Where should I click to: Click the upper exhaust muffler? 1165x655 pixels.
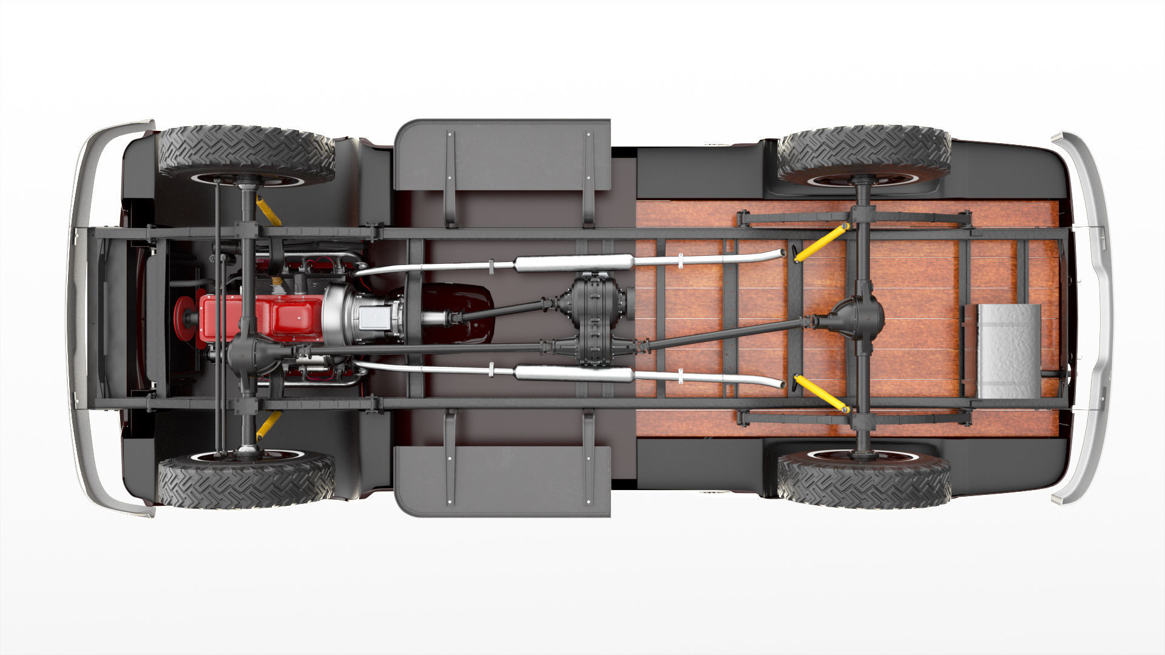coord(573,263)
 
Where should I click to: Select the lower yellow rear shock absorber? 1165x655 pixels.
coord(820,393)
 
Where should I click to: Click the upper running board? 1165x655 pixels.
coord(502,155)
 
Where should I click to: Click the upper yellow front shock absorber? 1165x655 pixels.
coord(268,210)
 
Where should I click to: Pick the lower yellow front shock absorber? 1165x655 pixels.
coord(268,425)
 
